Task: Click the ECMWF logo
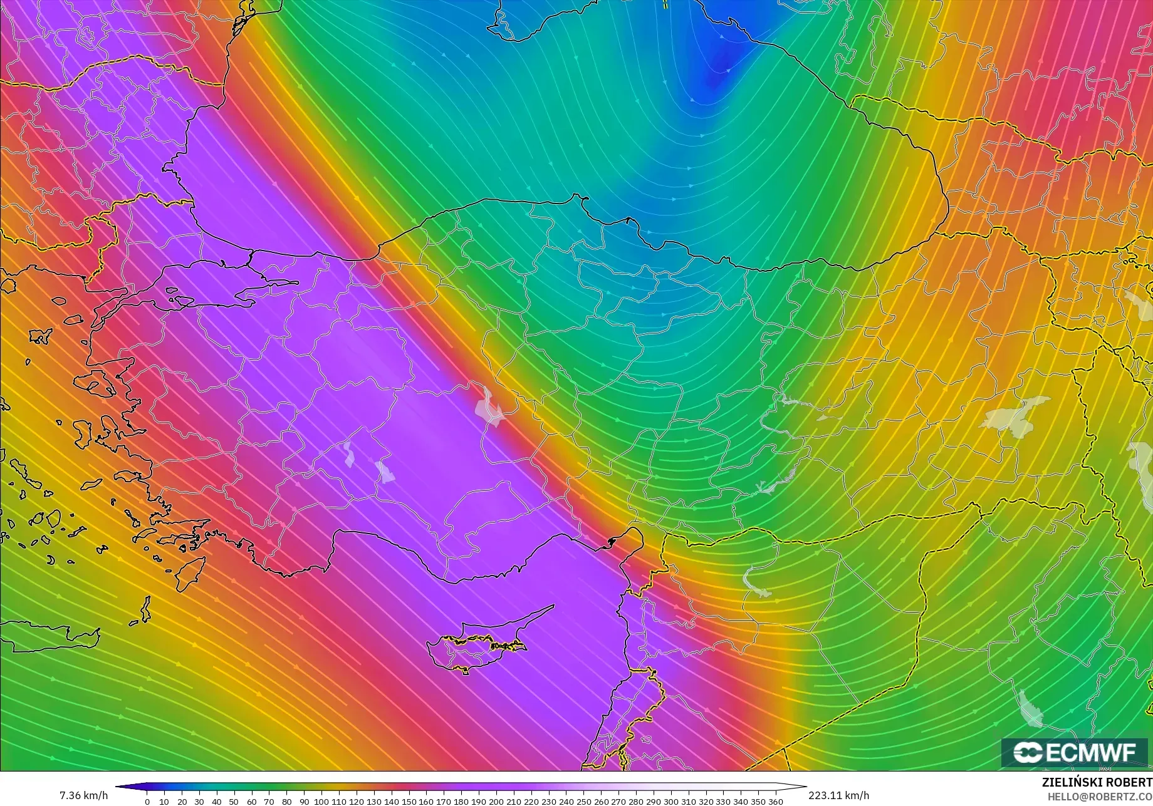click(1075, 752)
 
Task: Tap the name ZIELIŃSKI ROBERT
click(1097, 783)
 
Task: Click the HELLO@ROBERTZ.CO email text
click(1100, 797)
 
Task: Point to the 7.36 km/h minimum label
click(83, 795)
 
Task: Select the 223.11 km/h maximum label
click(838, 795)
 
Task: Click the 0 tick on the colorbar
click(147, 802)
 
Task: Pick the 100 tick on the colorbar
click(321, 802)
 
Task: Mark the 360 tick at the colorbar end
click(776, 802)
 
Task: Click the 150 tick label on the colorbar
click(409, 802)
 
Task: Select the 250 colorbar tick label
click(583, 802)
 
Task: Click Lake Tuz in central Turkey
click(489, 407)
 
